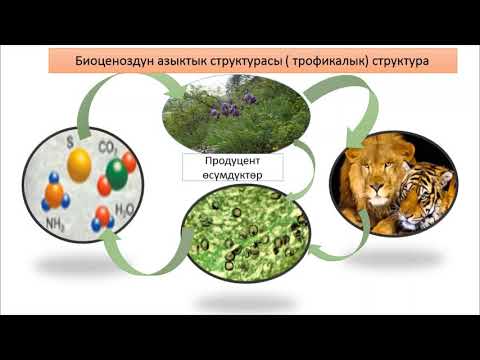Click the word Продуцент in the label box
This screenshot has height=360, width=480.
click(232, 161)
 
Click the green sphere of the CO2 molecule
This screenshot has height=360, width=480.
click(116, 173)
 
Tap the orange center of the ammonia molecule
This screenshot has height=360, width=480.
click(55, 192)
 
